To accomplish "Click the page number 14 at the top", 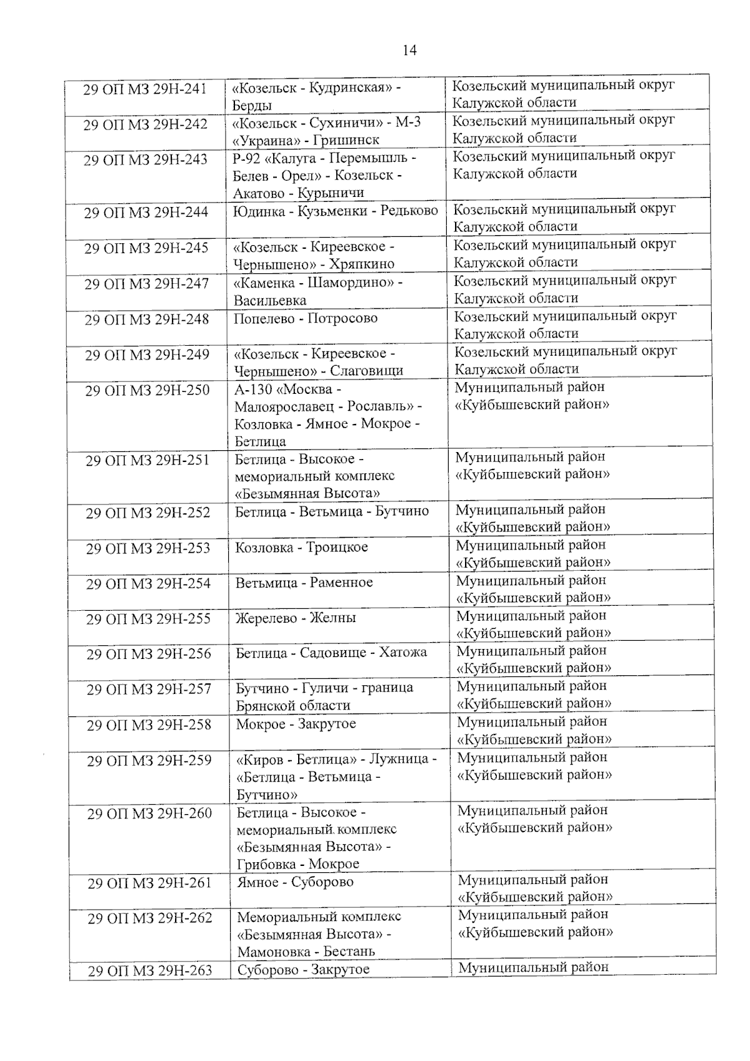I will click(x=409, y=51).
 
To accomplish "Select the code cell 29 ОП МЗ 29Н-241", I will click(x=145, y=89).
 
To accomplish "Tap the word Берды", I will click(x=252, y=105).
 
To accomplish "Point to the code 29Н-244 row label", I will click(x=146, y=213).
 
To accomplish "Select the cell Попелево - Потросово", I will click(x=306, y=319).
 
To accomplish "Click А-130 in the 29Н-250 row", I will click(x=252, y=390).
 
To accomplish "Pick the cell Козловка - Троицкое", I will click(x=302, y=548).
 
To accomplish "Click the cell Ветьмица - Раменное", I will click(x=304, y=583).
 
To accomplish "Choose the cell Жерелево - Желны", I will click(x=296, y=618).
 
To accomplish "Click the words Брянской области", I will click(x=293, y=706).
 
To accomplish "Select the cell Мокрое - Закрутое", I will click(x=296, y=724).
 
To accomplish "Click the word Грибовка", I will click(x=267, y=865).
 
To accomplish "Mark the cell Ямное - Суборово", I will click(x=296, y=882).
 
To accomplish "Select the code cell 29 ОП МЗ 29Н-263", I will click(x=149, y=971).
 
